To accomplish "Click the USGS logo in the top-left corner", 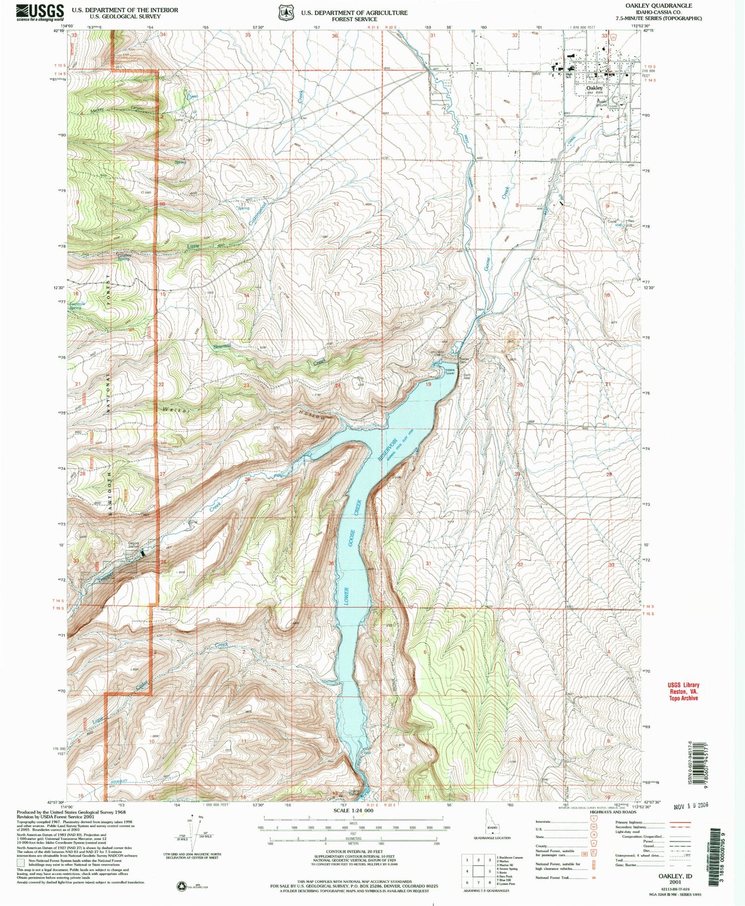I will (x=40, y=11).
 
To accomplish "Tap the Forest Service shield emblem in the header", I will (x=286, y=12).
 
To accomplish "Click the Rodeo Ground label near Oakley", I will (x=601, y=103).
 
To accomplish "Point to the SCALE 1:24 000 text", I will (x=353, y=810).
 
